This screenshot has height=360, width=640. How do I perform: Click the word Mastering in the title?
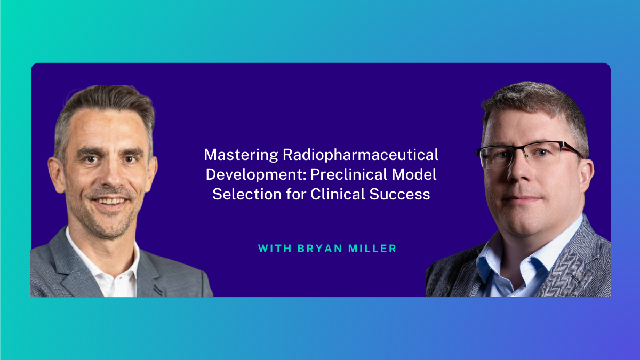[241, 155]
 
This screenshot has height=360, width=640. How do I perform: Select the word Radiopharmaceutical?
[361, 155]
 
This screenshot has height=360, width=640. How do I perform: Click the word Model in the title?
[414, 174]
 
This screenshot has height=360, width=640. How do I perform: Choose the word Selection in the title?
[247, 194]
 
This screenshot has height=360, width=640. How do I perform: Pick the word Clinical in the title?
[338, 194]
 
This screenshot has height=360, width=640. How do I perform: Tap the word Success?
[399, 194]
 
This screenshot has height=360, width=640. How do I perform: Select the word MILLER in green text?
[372, 249]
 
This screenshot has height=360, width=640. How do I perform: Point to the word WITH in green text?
[275, 249]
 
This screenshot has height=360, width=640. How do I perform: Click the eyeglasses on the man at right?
[529, 155]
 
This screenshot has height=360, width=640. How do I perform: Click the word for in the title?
[296, 194]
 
